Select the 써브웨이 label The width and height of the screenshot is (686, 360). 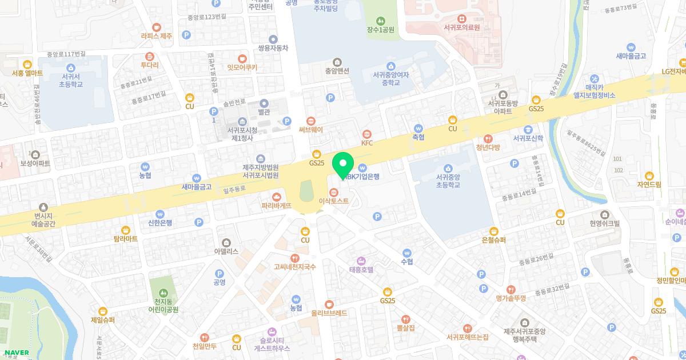[311, 130]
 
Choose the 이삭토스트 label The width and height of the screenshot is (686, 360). [333, 201]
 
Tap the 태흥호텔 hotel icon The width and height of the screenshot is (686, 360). [361, 261]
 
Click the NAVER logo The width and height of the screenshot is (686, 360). [17, 352]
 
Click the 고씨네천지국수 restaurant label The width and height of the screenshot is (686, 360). [294, 267]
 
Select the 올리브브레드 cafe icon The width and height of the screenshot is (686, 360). [329, 304]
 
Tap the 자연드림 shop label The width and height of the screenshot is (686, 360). [649, 185]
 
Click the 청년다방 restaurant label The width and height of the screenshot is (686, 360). [488, 147]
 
